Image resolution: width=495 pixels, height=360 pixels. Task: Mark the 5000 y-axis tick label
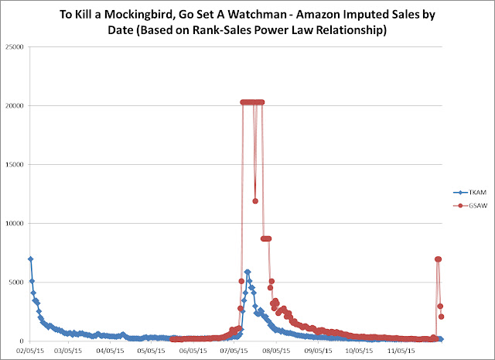pos(16,282)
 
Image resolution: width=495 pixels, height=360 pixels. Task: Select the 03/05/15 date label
pos(67,350)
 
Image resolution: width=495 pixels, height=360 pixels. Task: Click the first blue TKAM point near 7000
pos(30,259)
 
